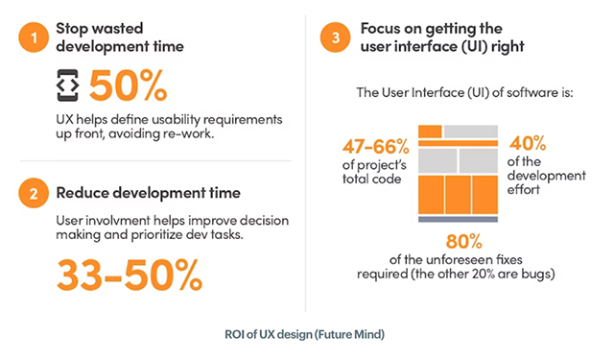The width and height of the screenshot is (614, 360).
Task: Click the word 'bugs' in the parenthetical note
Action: [x=557, y=275]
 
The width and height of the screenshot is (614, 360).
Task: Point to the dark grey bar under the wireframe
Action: [x=458, y=220]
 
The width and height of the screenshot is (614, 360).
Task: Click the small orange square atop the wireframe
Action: [x=430, y=131]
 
